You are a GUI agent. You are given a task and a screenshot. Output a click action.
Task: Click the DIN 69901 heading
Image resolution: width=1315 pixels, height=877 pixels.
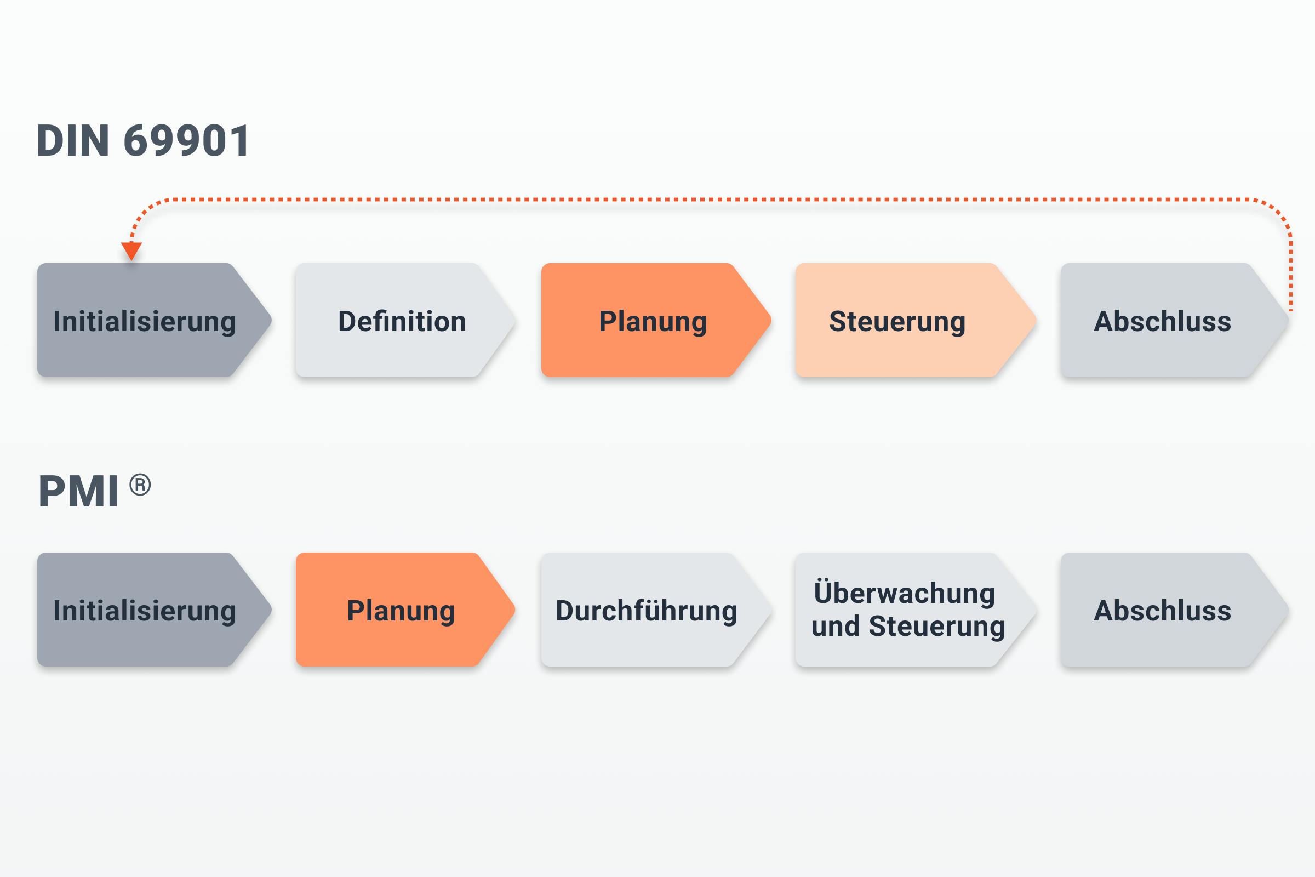[x=143, y=140]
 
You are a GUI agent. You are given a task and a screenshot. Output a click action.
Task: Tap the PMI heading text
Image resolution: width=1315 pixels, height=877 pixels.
[x=78, y=492]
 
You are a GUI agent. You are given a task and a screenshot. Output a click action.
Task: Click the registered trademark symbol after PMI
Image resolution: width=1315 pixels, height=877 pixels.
[x=140, y=485]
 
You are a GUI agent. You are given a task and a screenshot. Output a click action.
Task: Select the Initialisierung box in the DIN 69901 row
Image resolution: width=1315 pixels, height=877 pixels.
[x=145, y=321]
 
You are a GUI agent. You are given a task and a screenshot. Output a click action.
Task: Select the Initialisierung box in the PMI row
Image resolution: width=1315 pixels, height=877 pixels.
[x=145, y=610]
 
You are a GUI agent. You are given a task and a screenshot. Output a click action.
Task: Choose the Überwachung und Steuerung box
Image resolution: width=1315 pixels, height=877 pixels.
[x=908, y=610]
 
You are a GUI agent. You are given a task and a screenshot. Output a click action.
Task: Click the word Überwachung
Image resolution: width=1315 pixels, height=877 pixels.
[x=904, y=593]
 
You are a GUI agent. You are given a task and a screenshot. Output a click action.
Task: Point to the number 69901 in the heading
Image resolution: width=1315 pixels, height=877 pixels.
[x=187, y=140]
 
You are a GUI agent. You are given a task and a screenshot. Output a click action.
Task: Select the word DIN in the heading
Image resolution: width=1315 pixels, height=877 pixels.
[x=73, y=140]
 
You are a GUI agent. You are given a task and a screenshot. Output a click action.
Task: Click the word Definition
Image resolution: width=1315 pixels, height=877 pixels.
[x=402, y=322]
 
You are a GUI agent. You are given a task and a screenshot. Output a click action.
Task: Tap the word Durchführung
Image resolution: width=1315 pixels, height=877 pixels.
[x=647, y=611]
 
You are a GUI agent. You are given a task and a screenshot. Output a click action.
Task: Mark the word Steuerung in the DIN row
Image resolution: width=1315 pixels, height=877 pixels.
[x=897, y=322]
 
